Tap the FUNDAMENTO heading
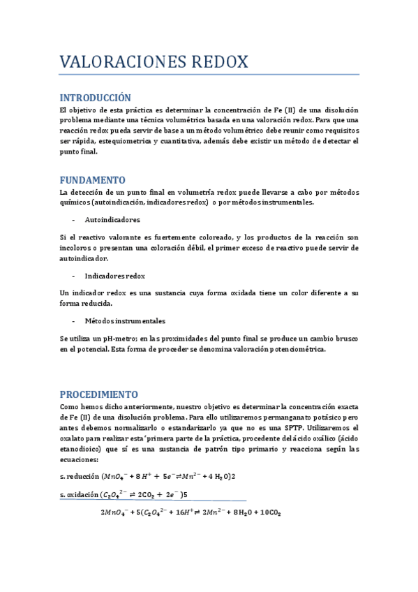[x=93, y=179]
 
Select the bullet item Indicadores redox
[x=115, y=276]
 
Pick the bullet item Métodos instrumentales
[x=125, y=321]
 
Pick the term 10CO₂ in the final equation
[x=268, y=513]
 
